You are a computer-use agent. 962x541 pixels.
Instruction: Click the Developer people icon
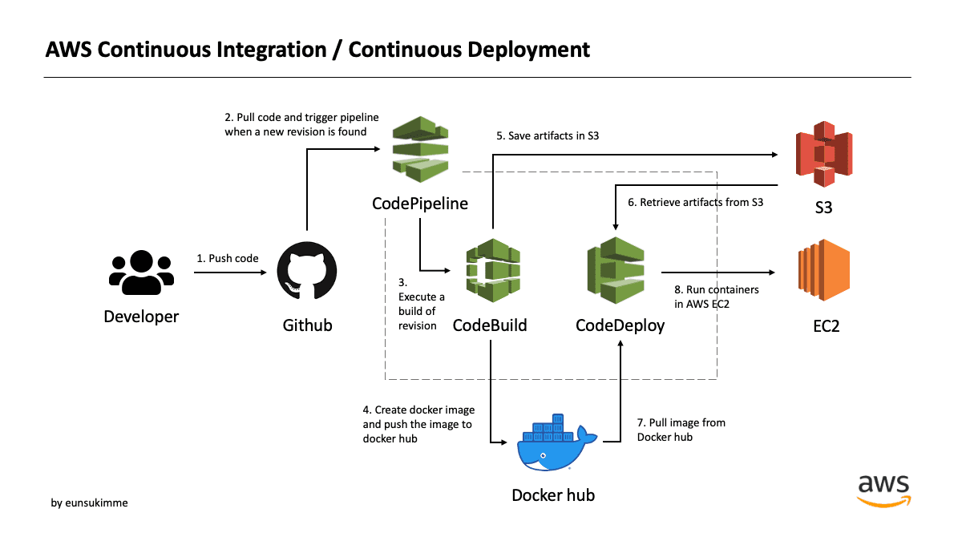pyautogui.click(x=141, y=273)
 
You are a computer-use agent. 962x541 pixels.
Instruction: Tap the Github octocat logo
pyautogui.click(x=306, y=271)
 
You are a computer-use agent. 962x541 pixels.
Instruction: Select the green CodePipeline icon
pyautogui.click(x=420, y=149)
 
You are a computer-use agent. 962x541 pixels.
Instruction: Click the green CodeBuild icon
pyautogui.click(x=493, y=270)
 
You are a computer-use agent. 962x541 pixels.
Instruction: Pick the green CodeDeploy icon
pyautogui.click(x=616, y=270)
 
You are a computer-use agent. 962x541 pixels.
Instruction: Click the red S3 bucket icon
pyautogui.click(x=824, y=154)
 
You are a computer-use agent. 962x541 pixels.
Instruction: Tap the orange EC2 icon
pyautogui.click(x=824, y=270)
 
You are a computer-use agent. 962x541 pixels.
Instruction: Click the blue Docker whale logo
pyautogui.click(x=556, y=442)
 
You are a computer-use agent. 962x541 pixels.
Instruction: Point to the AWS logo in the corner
pyautogui.click(x=883, y=491)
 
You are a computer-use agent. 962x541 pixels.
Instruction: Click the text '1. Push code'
pyautogui.click(x=228, y=258)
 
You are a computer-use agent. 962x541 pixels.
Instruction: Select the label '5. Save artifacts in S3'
pyautogui.click(x=548, y=135)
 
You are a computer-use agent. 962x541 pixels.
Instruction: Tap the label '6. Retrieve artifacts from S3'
pyautogui.click(x=695, y=202)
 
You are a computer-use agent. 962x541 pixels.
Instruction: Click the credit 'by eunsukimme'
pyautogui.click(x=89, y=503)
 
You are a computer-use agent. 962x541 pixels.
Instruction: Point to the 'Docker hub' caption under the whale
pyautogui.click(x=553, y=495)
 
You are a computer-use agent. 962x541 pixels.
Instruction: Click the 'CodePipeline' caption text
pyautogui.click(x=420, y=204)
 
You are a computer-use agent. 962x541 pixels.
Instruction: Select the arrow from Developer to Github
pyautogui.click(x=230, y=273)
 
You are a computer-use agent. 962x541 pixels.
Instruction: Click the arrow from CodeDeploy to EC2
pyautogui.click(x=718, y=273)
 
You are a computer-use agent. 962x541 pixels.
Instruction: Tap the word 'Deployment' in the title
pyautogui.click(x=528, y=50)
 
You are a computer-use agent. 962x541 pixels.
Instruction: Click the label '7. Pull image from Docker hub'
pyautogui.click(x=681, y=430)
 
